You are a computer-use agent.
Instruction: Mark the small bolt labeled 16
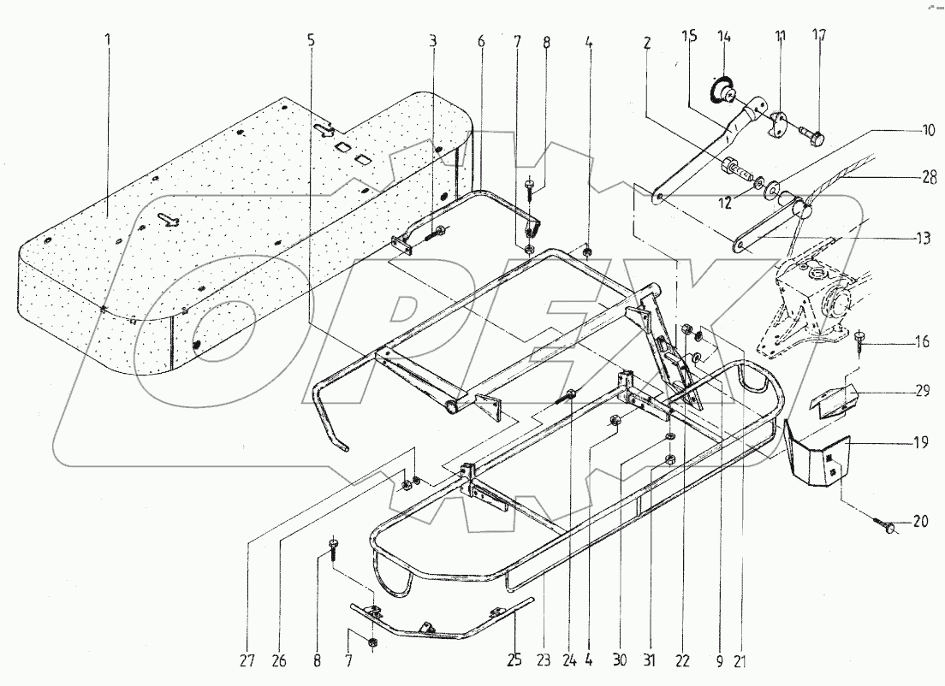pyautogui.click(x=859, y=342)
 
